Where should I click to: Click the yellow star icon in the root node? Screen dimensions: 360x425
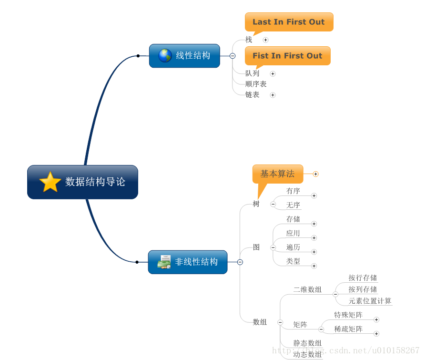[x=50, y=182]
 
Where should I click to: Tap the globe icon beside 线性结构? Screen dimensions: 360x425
[x=165, y=56]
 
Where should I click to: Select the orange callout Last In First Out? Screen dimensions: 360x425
[x=289, y=22]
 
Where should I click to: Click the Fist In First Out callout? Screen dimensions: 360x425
[x=287, y=56]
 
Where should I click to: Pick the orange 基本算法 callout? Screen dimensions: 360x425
[x=277, y=174]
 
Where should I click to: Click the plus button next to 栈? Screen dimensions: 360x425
[x=265, y=40]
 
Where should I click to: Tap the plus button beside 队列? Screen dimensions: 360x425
[x=273, y=74]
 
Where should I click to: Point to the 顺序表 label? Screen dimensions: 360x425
[x=256, y=84]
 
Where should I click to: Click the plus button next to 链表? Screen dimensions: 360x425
[x=273, y=95]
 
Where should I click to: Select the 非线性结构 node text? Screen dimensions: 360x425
[x=196, y=262]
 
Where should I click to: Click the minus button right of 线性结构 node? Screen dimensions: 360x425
[x=233, y=56]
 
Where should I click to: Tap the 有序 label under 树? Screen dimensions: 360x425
[x=293, y=191]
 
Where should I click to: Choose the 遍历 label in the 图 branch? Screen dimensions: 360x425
[x=293, y=247]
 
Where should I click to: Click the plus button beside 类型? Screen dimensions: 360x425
[x=314, y=266]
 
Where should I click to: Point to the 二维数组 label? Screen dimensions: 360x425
[x=307, y=289]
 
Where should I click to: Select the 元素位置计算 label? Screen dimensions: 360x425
[x=370, y=301]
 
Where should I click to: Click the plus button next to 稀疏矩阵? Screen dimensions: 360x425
[x=376, y=334]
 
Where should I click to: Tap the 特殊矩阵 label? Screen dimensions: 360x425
[x=348, y=315]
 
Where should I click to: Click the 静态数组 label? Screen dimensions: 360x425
[x=307, y=343]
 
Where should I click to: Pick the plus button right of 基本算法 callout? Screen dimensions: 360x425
[x=315, y=174]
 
